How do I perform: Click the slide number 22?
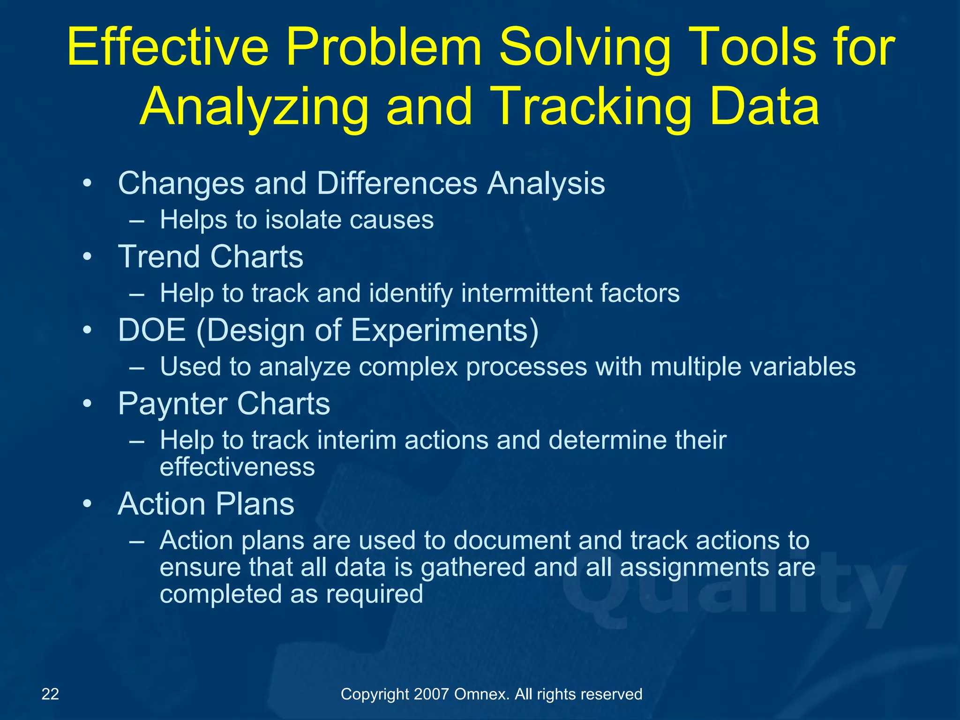[50, 694]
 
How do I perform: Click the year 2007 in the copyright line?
[432, 694]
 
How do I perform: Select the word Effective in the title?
[168, 48]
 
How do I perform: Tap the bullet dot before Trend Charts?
[87, 257]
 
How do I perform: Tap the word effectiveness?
[237, 467]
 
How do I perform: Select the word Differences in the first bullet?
[397, 183]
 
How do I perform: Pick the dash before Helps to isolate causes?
[136, 221]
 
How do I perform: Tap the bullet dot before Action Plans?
[87, 505]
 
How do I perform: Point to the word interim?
[353, 441]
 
